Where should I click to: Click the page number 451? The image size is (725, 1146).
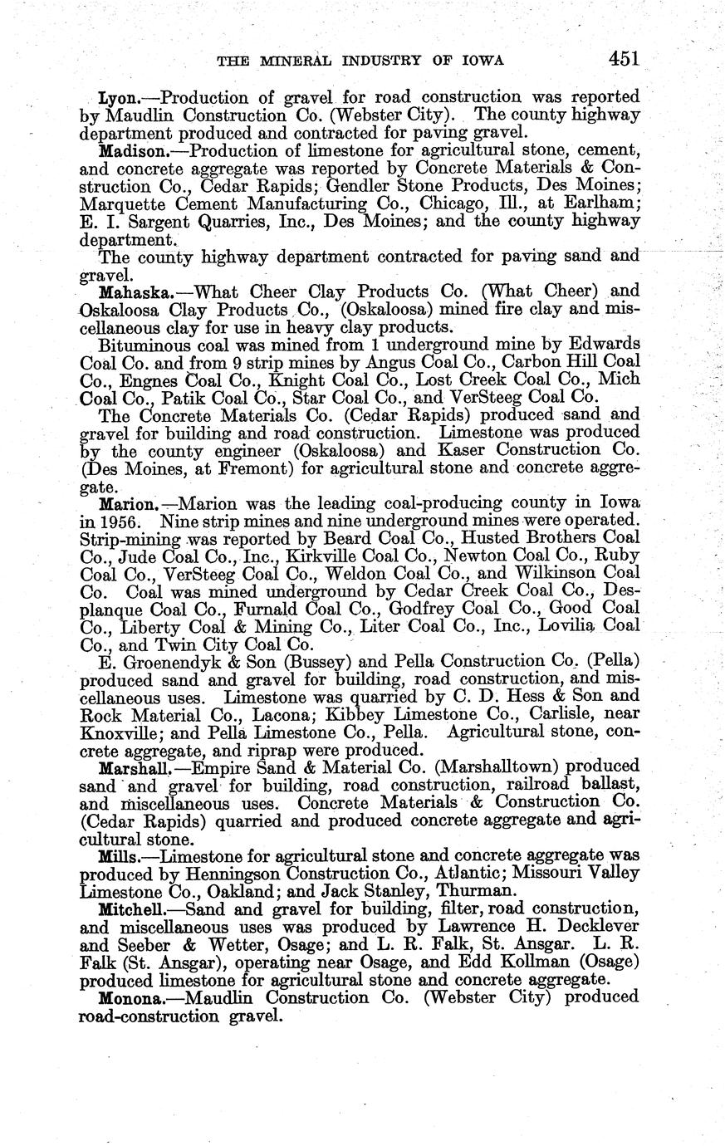622,58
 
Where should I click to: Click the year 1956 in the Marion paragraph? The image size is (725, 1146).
133,522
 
